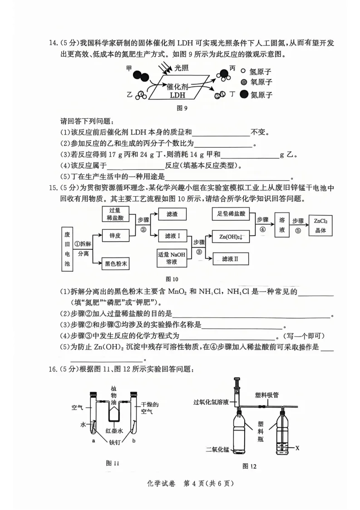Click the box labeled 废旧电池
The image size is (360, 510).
pos(67,250)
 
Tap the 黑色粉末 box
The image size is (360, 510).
pos(115,263)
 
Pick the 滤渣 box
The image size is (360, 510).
pos(172,213)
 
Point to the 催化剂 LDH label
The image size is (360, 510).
pos(177,91)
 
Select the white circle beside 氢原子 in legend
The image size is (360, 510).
pos(244,71)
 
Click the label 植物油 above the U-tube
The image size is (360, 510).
pos(114,395)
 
